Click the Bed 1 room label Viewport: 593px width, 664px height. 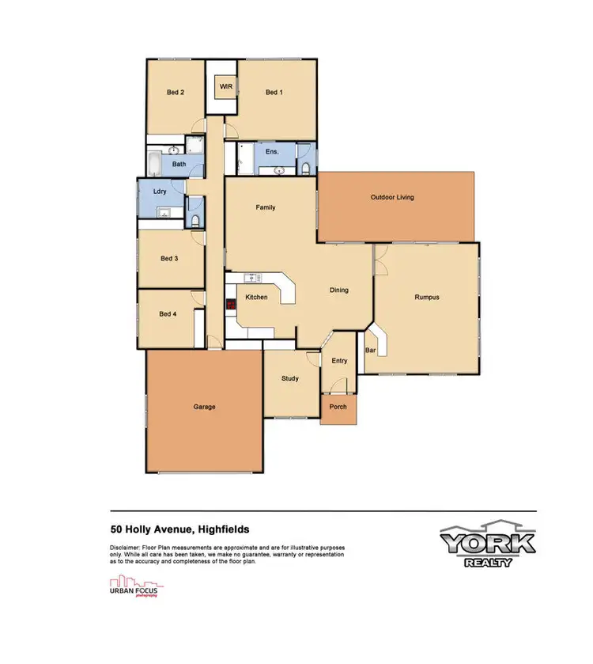[274, 93]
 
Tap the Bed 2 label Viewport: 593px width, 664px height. [176, 93]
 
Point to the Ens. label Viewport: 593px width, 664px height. [271, 151]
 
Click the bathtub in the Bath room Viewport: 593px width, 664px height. [155, 165]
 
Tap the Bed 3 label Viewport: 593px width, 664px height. [168, 258]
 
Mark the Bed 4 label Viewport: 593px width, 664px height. [168, 313]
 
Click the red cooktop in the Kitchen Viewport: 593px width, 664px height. [230, 303]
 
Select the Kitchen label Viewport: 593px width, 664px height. [256, 298]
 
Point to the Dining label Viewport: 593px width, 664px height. [339, 290]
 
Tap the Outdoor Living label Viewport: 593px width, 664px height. [392, 197]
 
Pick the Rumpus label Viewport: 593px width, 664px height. [426, 298]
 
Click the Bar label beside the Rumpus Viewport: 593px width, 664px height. [369, 349]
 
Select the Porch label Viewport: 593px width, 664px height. [338, 409]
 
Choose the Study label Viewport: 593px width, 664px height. [290, 378]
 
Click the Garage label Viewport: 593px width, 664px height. [204, 407]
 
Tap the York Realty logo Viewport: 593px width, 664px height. [488, 544]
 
